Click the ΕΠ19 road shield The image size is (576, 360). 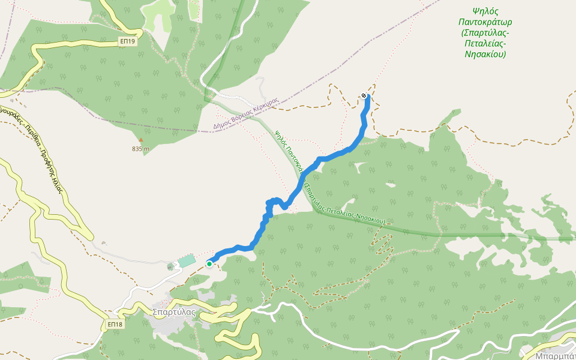(x=127, y=41)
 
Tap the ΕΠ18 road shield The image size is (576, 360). (x=115, y=325)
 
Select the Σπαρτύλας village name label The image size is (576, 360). (x=174, y=312)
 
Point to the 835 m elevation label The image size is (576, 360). (x=141, y=149)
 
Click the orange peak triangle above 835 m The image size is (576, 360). (x=141, y=140)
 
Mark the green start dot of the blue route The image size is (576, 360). (x=209, y=263)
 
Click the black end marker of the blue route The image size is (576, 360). (x=364, y=96)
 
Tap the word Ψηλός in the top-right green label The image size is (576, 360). (x=485, y=11)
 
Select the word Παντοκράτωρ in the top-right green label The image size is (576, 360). (x=485, y=22)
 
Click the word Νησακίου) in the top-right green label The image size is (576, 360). (x=485, y=54)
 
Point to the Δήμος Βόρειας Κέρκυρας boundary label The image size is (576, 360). (x=247, y=113)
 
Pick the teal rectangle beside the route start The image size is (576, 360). (x=187, y=261)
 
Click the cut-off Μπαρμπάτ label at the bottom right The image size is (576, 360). (x=556, y=355)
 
